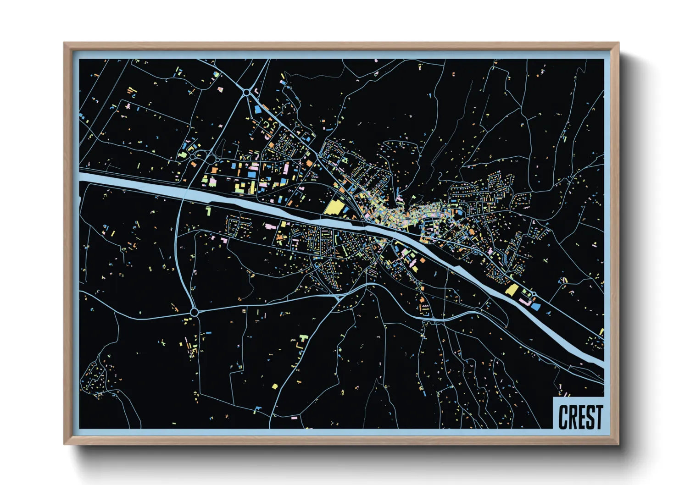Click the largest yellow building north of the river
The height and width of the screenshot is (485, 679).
tap(335, 208)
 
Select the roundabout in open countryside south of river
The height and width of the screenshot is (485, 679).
tap(194, 312)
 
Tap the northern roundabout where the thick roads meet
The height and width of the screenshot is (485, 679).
tap(247, 93)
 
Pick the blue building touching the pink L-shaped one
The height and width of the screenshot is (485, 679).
tap(536, 306)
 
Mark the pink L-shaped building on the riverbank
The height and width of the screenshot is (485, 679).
tap(524, 301)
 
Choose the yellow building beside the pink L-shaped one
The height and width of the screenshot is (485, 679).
tap(512, 289)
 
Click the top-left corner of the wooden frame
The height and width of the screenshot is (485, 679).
tap(64, 43)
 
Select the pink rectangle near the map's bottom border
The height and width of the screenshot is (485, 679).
tap(294, 418)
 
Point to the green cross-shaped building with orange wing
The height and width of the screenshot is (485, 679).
tap(302, 339)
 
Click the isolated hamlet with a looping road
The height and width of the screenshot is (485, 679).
tap(94, 378)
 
